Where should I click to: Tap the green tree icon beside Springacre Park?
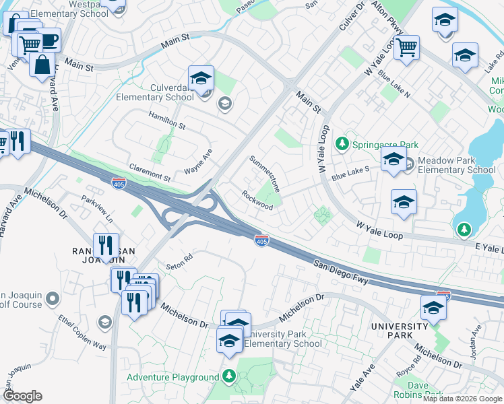(342, 144)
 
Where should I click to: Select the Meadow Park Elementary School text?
(456, 165)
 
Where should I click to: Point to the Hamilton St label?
(167, 120)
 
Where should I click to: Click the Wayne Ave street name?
(199, 162)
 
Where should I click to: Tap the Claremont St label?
(150, 172)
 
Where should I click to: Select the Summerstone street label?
(264, 172)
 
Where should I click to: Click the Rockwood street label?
(257, 200)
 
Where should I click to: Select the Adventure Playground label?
(172, 377)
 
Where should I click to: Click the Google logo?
(22, 396)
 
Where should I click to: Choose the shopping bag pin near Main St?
(42, 65)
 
